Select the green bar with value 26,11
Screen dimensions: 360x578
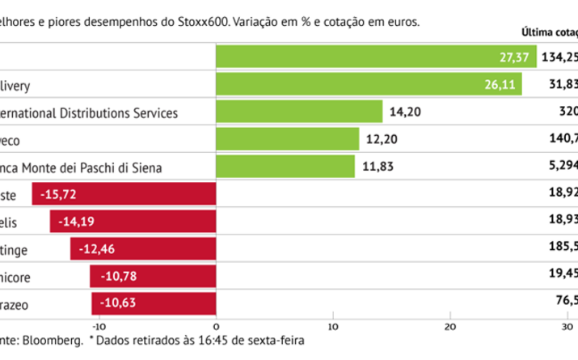tap(368, 84)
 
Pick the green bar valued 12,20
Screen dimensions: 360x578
tap(288, 139)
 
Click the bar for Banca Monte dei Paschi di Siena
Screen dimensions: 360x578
tap(285, 167)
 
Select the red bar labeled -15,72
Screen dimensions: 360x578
tap(124, 194)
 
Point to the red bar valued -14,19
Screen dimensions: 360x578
tap(133, 222)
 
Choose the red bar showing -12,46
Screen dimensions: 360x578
tap(143, 249)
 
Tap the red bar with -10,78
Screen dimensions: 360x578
tap(153, 277)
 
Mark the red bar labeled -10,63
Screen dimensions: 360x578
tap(154, 304)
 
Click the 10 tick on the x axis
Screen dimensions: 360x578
tap(332, 326)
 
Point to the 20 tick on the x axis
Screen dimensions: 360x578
tap(450, 326)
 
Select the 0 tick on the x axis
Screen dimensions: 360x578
tap(217, 326)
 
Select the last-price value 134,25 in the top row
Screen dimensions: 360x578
tap(559, 57)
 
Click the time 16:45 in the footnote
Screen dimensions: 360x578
tap(226, 341)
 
